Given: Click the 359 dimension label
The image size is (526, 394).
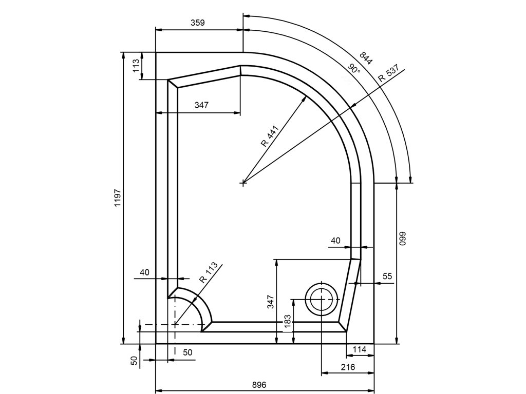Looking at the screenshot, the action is [198, 23].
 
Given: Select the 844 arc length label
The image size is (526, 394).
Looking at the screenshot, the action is [366, 58].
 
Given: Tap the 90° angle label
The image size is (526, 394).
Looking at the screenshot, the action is [354, 70].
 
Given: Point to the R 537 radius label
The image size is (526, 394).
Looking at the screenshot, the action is [388, 73].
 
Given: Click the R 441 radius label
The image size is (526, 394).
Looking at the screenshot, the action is [270, 136].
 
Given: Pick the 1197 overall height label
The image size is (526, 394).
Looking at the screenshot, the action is [118, 198].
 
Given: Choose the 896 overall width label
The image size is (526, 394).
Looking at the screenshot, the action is [259, 385].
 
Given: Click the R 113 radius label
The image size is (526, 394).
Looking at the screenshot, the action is [209, 272].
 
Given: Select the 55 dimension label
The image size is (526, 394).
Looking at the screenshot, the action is [387, 276].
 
